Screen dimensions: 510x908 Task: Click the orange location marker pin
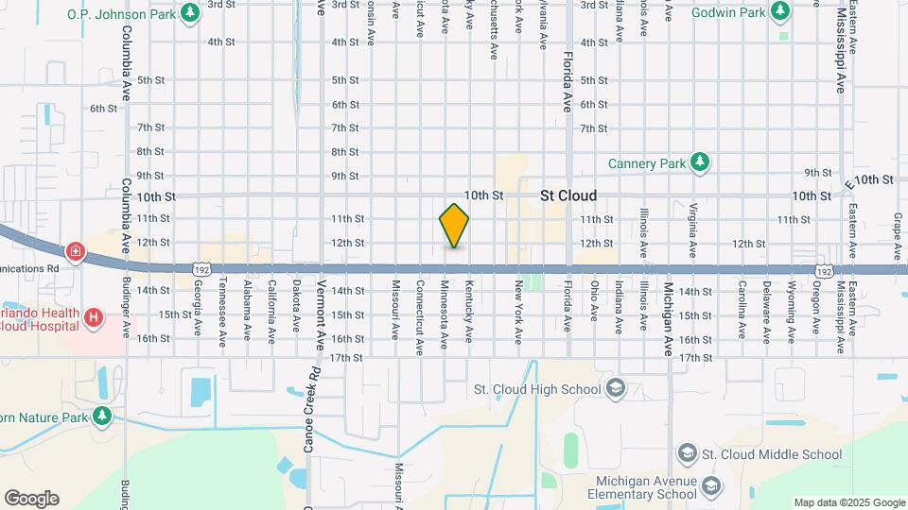(454, 226)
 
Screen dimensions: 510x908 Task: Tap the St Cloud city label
(568, 196)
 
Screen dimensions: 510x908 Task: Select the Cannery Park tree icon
(699, 162)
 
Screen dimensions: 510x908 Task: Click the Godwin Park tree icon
(779, 11)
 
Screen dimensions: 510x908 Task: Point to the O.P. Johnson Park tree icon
(191, 12)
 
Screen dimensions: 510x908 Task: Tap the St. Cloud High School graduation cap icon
(615, 389)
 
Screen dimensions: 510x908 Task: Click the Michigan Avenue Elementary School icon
(709, 486)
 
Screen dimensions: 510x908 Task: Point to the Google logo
(30, 499)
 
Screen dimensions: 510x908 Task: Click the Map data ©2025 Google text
(848, 502)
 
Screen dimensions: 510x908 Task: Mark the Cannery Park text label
(646, 163)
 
